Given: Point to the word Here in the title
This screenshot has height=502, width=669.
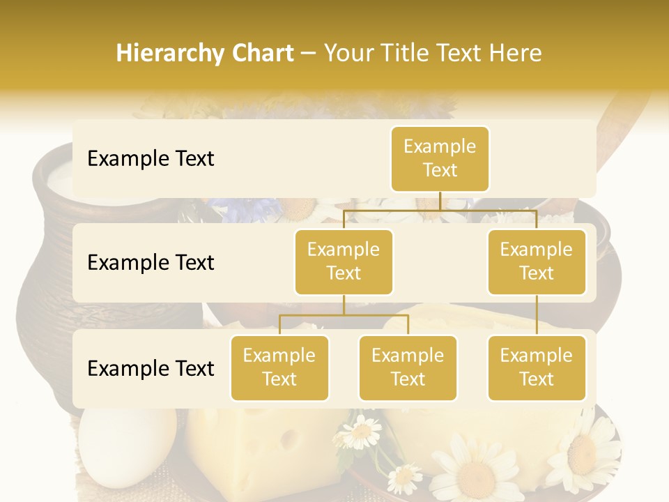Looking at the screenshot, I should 516,53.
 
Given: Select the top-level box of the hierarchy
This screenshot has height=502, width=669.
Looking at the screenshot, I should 440,158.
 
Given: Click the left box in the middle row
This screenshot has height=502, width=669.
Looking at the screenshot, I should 344,261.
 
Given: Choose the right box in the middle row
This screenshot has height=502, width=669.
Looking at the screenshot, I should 537,261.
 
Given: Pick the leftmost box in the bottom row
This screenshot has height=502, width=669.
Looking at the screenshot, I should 279,367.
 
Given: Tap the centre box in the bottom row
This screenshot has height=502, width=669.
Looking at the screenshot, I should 408,367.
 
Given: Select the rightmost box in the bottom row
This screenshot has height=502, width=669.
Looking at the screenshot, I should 537,367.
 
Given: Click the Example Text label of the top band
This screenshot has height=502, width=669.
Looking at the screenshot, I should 151,158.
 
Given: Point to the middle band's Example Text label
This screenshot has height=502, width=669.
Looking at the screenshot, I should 151,262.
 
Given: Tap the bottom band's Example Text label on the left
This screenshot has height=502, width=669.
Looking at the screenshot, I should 151,368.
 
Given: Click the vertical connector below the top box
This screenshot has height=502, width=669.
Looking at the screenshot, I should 440,201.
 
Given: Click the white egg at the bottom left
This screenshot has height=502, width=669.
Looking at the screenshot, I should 105,446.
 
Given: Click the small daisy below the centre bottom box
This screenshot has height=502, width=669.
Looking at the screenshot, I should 361,432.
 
